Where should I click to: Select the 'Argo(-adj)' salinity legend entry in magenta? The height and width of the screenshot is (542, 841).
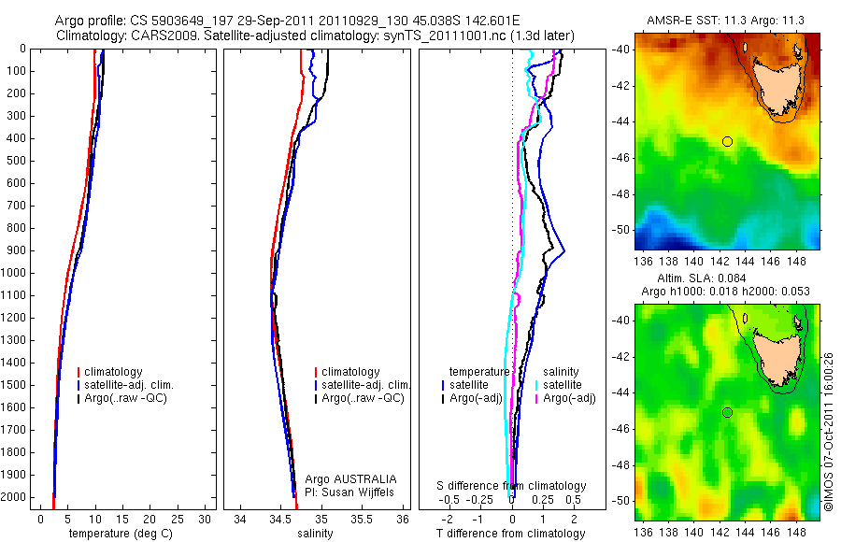click(569, 398)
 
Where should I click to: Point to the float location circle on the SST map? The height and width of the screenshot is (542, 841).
click(727, 141)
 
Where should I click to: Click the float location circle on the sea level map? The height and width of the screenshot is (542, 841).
click(727, 412)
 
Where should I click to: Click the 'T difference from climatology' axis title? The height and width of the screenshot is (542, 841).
click(511, 534)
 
